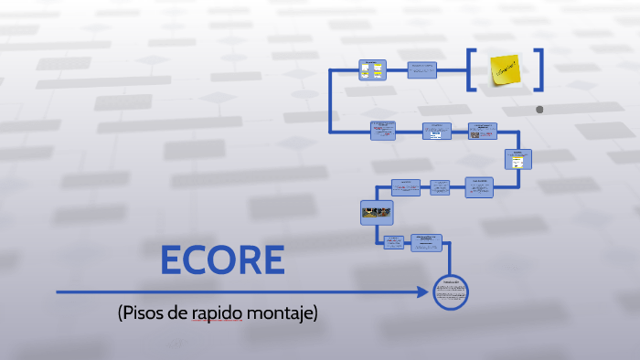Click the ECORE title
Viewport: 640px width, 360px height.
(x=222, y=260)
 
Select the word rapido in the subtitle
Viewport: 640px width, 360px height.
(x=218, y=313)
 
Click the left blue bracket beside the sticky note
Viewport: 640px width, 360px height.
(x=470, y=69)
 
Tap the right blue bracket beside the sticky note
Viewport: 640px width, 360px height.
(x=539, y=69)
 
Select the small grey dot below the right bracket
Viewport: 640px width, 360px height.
(x=539, y=110)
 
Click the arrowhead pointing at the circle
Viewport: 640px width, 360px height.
(x=423, y=292)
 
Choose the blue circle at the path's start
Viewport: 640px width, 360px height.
(x=450, y=292)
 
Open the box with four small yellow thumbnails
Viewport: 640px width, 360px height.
(x=370, y=70)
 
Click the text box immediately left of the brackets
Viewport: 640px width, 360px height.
(x=421, y=70)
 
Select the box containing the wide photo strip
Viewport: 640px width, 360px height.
(x=376, y=213)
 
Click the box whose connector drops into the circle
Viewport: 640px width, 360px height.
(x=427, y=242)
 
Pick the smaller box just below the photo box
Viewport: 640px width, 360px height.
(x=393, y=242)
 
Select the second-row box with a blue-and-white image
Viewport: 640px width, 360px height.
(x=436, y=132)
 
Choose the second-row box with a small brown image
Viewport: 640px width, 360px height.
(x=482, y=132)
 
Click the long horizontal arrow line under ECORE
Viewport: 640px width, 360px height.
(x=238, y=292)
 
